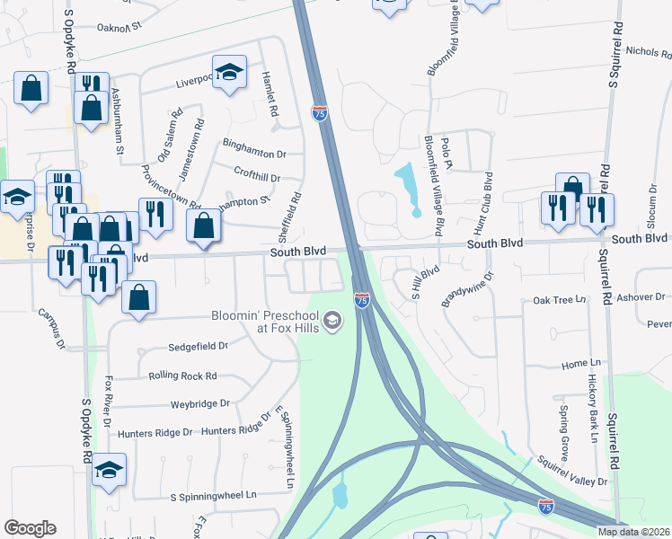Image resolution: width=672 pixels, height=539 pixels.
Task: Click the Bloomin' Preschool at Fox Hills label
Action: [266, 322]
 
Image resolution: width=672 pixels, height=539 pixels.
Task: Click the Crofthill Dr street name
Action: [257, 178]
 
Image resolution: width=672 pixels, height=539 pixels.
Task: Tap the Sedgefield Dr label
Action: [199, 345]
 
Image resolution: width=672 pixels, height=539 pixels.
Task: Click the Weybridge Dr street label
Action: [200, 404]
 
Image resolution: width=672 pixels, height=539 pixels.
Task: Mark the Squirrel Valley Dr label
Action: [572, 473]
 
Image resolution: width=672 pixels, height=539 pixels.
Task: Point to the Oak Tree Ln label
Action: [559, 299]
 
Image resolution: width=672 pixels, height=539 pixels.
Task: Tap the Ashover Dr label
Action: [641, 296]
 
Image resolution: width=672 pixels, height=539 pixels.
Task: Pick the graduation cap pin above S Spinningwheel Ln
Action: [110, 470]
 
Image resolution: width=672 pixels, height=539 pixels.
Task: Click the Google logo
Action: [31, 528]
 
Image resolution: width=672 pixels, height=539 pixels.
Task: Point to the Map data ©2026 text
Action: [633, 532]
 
